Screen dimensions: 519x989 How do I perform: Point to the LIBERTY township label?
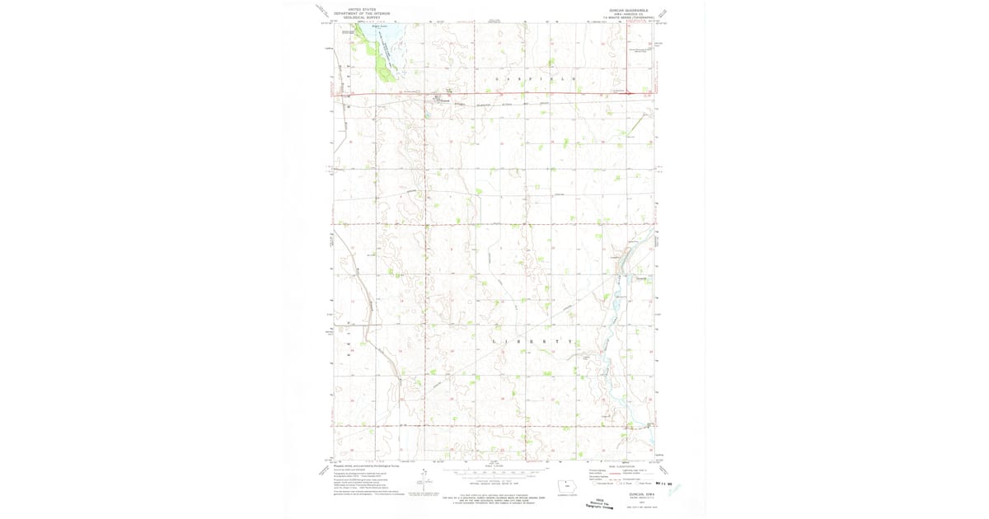(x=532, y=340)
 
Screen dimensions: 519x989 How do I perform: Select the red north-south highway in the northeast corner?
(x=627, y=58)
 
